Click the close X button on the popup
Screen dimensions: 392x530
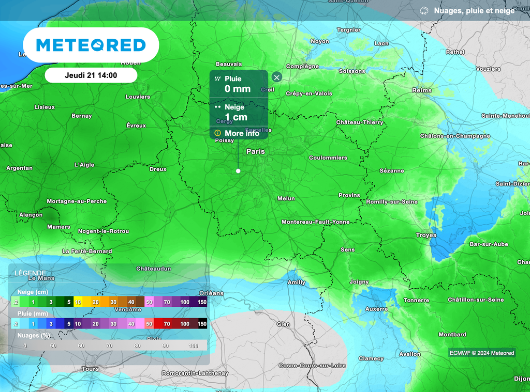[x=277, y=77]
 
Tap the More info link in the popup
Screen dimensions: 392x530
[x=238, y=133]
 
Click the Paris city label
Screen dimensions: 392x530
[x=256, y=151]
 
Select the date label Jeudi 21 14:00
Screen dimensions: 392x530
[x=91, y=75]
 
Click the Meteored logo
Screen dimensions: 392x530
[x=91, y=45]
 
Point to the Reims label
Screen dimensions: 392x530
[x=422, y=90]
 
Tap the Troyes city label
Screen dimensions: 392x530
[x=426, y=235]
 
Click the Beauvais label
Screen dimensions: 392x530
[x=229, y=64]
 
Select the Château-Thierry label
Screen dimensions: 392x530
[x=360, y=122]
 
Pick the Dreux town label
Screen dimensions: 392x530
[x=158, y=169]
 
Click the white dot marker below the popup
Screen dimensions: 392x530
[x=238, y=171]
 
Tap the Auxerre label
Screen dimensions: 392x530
[x=376, y=309]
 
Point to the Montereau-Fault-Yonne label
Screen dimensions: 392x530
[x=315, y=222]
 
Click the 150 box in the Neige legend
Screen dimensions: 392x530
[x=202, y=302]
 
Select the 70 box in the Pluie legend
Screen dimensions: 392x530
[x=167, y=324]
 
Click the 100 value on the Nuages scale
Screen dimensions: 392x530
[x=194, y=346]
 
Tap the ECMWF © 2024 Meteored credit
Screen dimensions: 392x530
[x=481, y=353]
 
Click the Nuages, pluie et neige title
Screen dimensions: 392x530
[x=474, y=11]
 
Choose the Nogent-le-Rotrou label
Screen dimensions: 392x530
[x=104, y=231]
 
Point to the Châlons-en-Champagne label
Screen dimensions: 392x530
[x=455, y=136]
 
